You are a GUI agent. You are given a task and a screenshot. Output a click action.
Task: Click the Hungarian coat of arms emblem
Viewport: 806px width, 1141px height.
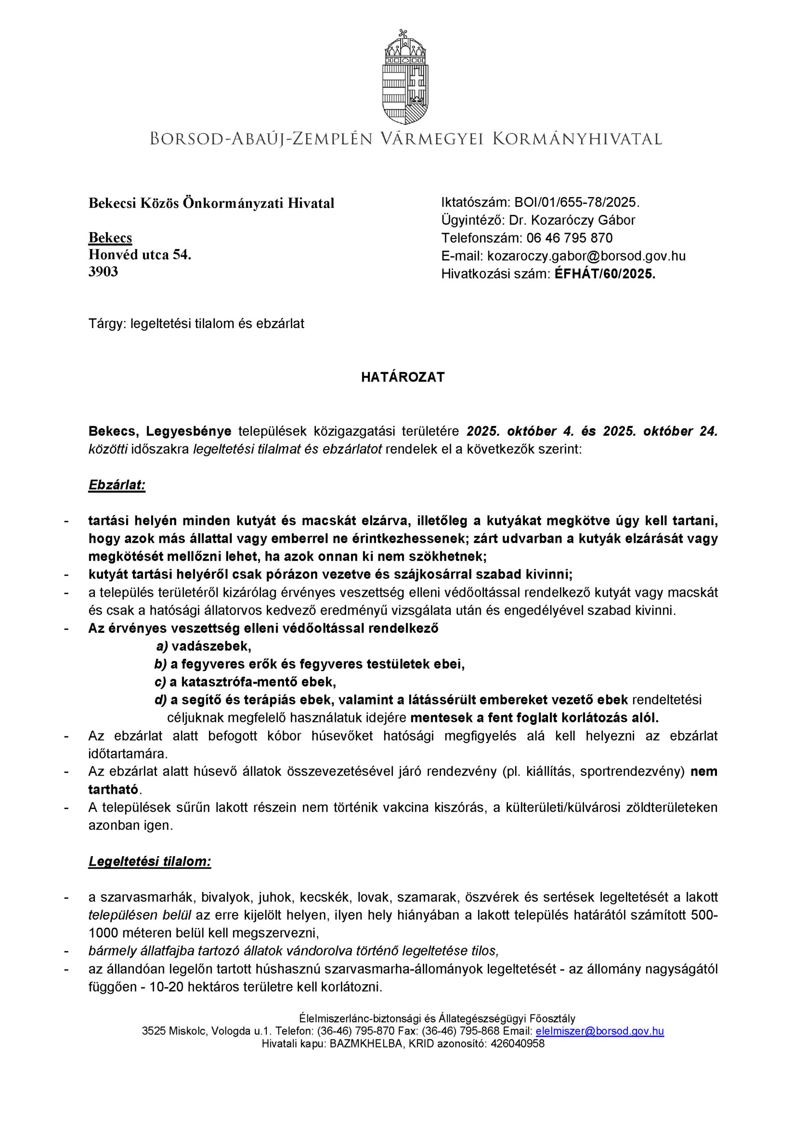click(405, 78)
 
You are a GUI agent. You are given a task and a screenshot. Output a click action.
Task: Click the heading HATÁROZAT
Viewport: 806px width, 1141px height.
click(402, 377)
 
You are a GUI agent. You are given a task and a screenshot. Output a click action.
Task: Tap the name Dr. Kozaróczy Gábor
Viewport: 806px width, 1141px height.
click(572, 220)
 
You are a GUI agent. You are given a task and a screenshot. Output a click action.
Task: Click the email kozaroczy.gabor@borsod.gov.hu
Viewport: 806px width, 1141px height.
click(586, 256)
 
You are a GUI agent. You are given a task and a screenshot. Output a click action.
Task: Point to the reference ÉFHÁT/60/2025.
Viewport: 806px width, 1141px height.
click(605, 274)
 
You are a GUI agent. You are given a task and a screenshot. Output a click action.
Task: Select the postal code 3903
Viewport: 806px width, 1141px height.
click(103, 272)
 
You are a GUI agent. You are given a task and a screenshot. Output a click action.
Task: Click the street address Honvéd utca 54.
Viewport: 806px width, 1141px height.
click(139, 255)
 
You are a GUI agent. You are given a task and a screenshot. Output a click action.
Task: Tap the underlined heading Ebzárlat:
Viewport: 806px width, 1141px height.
click(117, 485)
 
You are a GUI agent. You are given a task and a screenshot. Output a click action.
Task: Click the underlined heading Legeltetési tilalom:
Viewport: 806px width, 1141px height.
click(150, 861)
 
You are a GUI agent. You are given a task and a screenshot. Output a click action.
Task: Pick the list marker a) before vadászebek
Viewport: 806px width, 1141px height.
click(162, 646)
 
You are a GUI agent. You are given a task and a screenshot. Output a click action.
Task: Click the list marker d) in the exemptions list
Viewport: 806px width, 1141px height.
click(160, 700)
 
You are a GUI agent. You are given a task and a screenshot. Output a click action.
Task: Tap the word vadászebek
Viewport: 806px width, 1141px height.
click(211, 646)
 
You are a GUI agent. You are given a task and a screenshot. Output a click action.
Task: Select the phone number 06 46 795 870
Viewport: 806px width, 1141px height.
click(569, 238)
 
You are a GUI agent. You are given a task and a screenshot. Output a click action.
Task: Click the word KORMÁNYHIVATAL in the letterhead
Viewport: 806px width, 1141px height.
click(577, 139)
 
